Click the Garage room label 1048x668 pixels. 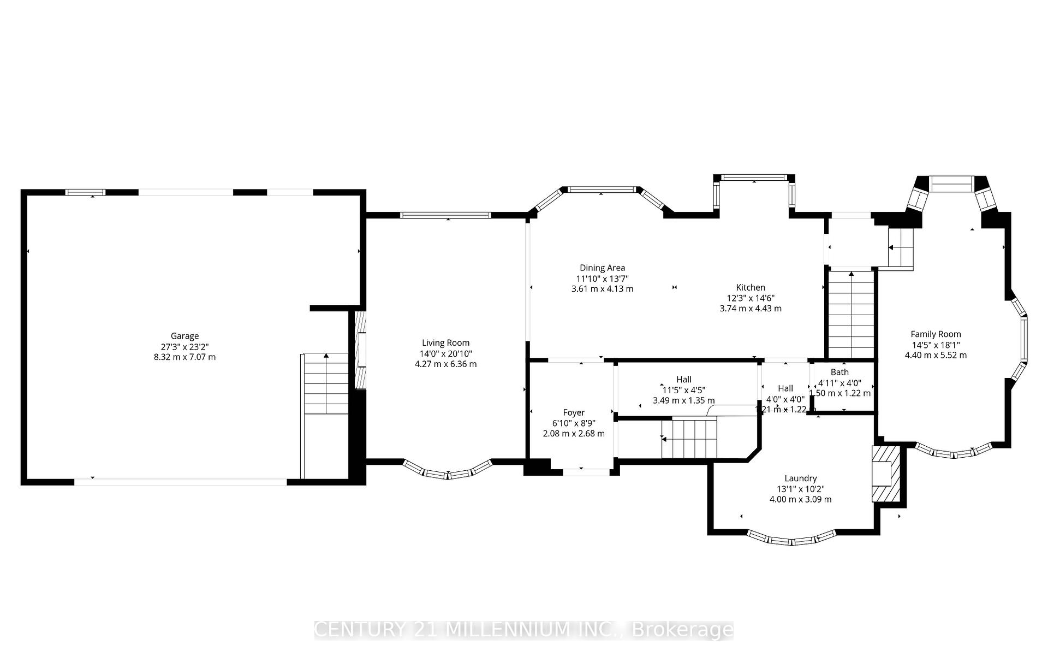pyautogui.click(x=184, y=336)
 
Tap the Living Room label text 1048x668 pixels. pyautogui.click(x=445, y=343)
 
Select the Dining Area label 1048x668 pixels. pyautogui.click(x=602, y=268)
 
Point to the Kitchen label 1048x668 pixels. pyautogui.click(x=751, y=287)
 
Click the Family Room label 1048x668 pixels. pyautogui.click(x=936, y=334)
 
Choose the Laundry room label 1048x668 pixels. pyautogui.click(x=800, y=478)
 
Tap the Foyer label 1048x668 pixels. pyautogui.click(x=574, y=413)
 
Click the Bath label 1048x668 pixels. pyautogui.click(x=839, y=373)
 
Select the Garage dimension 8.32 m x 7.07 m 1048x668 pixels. pyautogui.click(x=184, y=357)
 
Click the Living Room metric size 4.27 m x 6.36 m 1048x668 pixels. pyautogui.click(x=445, y=364)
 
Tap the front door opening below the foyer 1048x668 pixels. pyautogui.click(x=586, y=472)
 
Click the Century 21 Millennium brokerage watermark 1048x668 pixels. pyautogui.click(x=524, y=630)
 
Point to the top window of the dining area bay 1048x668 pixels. pyautogui.click(x=602, y=190)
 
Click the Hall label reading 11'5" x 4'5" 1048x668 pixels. pyautogui.click(x=683, y=380)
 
